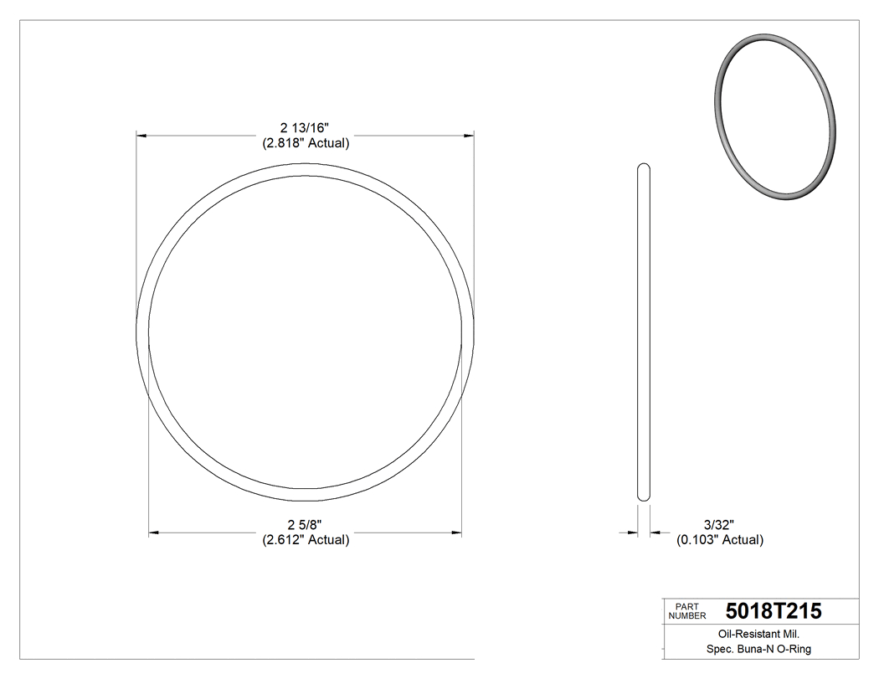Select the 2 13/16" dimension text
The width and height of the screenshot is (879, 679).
pos(305,128)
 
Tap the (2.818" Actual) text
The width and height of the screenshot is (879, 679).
pos(305,143)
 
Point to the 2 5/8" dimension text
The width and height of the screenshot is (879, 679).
pos(305,525)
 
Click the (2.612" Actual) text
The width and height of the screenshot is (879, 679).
pos(305,540)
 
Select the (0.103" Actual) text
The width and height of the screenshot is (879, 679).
pos(720,540)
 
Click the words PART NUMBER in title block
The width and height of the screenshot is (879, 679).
pos(686,610)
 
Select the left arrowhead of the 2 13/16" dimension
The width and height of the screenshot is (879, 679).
pos(142,134)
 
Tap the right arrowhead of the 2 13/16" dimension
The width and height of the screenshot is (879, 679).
pos(469,134)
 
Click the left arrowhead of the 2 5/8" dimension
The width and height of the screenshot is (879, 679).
pos(154,532)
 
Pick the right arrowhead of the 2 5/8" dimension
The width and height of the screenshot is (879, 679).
pos(456,532)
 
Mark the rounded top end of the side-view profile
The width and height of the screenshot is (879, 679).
pos(644,167)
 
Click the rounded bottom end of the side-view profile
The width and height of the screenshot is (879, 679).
pos(644,498)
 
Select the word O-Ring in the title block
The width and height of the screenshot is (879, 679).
pos(794,649)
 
